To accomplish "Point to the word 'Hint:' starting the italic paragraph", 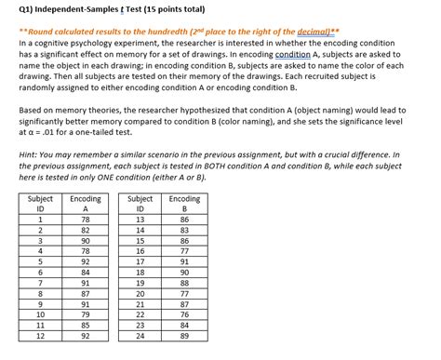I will tap(30, 153).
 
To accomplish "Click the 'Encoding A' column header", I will tap(86, 205).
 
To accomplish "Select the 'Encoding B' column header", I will tap(183, 205).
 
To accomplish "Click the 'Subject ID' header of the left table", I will tap(40, 205).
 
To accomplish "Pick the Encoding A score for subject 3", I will tap(86, 240).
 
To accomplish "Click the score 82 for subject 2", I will tap(86, 229).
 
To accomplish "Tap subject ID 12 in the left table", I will tap(40, 336).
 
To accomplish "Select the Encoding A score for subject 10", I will tap(86, 314).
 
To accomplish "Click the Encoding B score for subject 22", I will tap(183, 314).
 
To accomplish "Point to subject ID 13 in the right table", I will tap(140, 219).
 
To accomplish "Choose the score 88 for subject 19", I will tap(183, 283).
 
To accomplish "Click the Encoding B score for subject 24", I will tap(183, 336).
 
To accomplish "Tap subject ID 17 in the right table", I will tap(140, 261).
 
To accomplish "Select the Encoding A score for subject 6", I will tap(86, 272).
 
